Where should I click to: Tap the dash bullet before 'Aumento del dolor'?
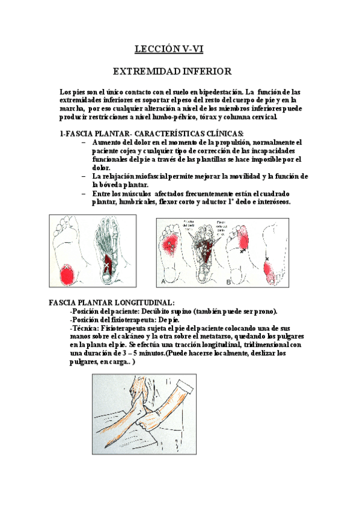tap(83, 143)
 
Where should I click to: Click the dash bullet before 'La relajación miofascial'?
tap(83, 177)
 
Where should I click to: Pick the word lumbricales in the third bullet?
tap(129, 202)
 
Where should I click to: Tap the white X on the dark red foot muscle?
tap(107, 265)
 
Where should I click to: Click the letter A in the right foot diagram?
tap(164, 280)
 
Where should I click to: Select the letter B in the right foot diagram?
tap(228, 281)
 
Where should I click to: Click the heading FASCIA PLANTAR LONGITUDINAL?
tap(112, 303)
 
